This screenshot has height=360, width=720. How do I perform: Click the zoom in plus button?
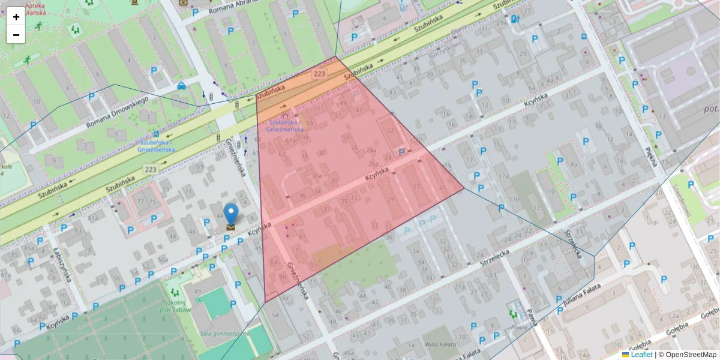(x=16, y=17)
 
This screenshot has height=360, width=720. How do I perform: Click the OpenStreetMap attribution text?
(x=690, y=355)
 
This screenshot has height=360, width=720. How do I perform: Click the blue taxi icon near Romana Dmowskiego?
(x=181, y=86)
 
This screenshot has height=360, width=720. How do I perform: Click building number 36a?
(x=317, y=176)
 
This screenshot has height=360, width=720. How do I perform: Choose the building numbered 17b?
(x=514, y=199)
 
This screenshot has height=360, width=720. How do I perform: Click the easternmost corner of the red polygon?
(x=464, y=188)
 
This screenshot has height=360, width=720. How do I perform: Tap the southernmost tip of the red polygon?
(x=265, y=302)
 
